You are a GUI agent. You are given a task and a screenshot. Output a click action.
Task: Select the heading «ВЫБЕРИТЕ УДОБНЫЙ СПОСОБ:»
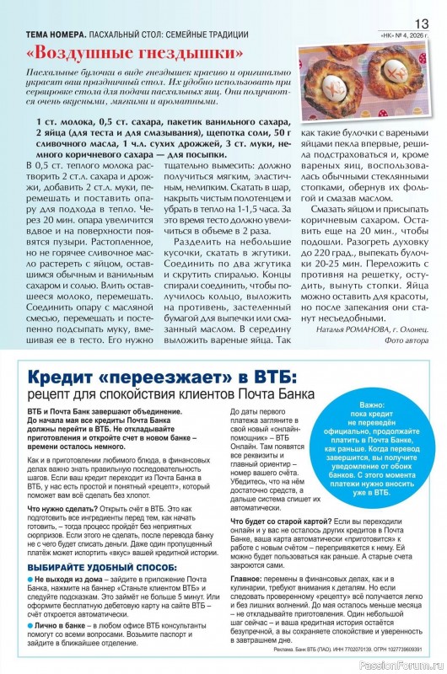[x=91, y=570]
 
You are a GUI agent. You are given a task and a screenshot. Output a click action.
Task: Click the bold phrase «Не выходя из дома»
[x=65, y=581]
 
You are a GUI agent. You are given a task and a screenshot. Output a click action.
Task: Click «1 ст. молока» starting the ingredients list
[x=65, y=122]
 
